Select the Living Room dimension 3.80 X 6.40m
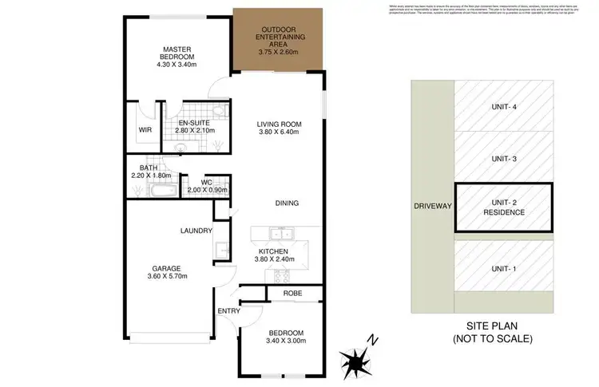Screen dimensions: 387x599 pyautogui.click(x=278, y=132)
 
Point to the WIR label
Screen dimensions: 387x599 pyautogui.click(x=145, y=129)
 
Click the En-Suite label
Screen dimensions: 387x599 pyautogui.click(x=194, y=124)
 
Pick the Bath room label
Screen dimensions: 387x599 pyautogui.click(x=149, y=168)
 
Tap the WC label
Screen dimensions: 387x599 pyautogui.click(x=206, y=183)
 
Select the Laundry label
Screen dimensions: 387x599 pyautogui.click(x=196, y=231)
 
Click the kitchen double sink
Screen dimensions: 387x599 pyautogui.click(x=280, y=235)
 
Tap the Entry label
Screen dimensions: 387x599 pyautogui.click(x=228, y=311)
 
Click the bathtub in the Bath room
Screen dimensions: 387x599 pyautogui.click(x=153, y=192)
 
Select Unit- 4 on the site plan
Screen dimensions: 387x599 pyautogui.click(x=503, y=107)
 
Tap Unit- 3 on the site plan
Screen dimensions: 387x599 pyautogui.click(x=503, y=159)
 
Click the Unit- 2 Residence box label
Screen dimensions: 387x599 pyautogui.click(x=503, y=207)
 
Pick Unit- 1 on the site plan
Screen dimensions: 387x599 pyautogui.click(x=503, y=269)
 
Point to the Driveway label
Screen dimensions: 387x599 pyautogui.click(x=432, y=206)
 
